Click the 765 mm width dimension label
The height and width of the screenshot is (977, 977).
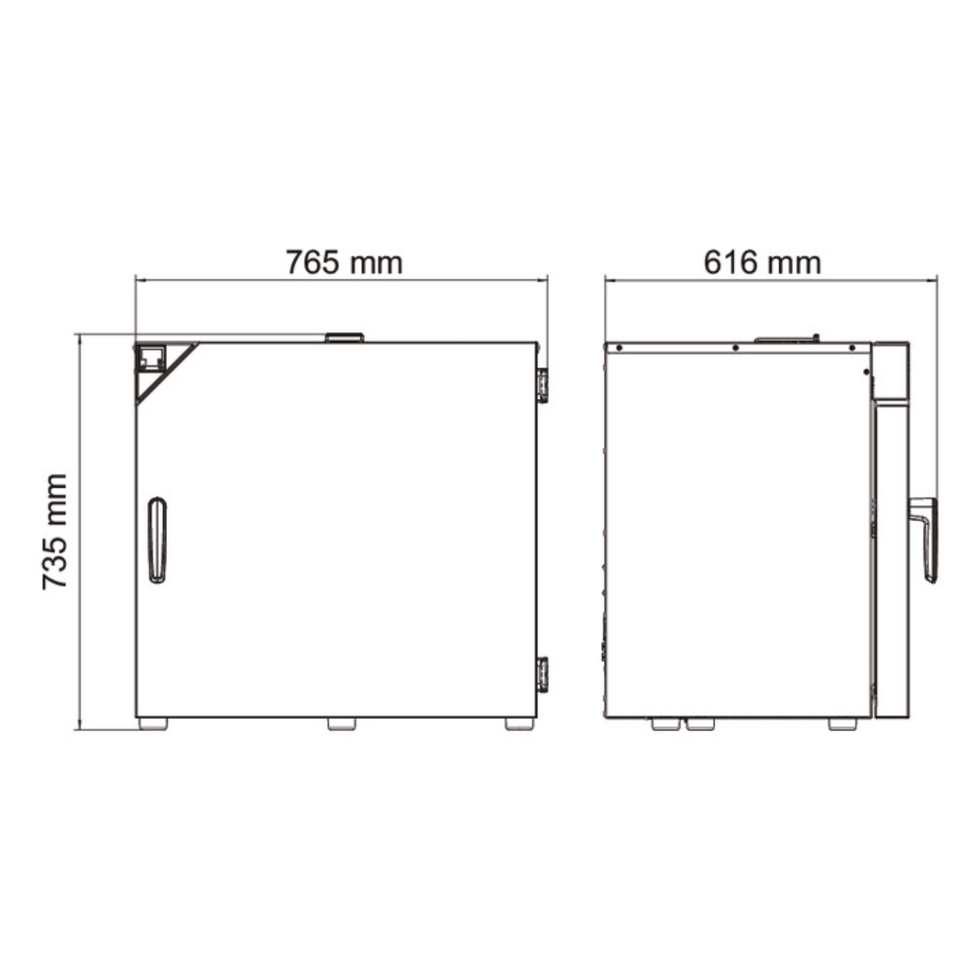(344, 262)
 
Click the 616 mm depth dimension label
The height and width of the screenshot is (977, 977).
(762, 263)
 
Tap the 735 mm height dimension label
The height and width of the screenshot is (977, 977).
(55, 532)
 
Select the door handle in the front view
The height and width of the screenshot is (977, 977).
(158, 540)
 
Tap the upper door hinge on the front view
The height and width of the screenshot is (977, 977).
(542, 386)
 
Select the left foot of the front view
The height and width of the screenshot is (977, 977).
(153, 724)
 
